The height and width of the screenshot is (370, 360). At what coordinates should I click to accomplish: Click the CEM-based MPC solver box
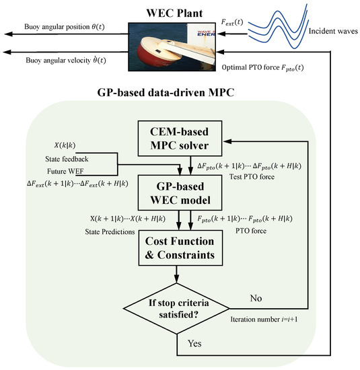[x=180, y=139]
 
